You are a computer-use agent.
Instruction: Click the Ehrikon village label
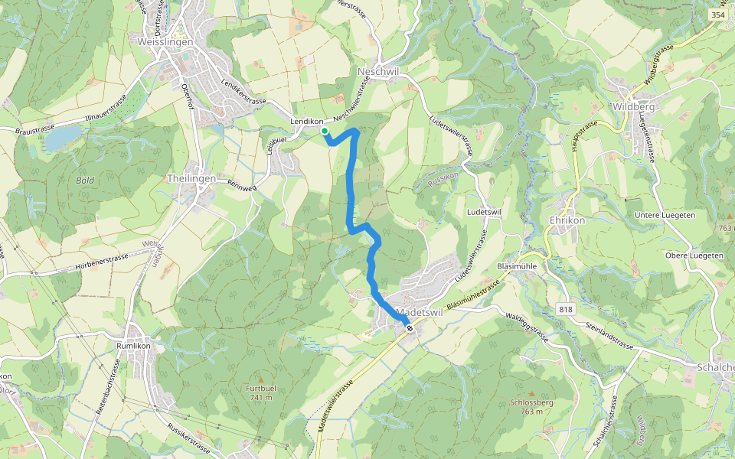click(567, 220)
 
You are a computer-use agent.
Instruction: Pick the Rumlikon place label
click(134, 345)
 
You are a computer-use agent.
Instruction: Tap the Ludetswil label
click(483, 211)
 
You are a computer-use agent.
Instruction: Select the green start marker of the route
click(325, 132)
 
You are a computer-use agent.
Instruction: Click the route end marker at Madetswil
click(410, 328)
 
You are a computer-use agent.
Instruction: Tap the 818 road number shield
click(566, 309)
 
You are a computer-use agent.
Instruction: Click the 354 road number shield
click(717, 15)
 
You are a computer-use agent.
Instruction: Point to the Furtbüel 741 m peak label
click(260, 392)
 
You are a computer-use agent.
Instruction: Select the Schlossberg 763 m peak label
click(531, 406)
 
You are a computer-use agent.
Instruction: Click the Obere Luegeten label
click(694, 255)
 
